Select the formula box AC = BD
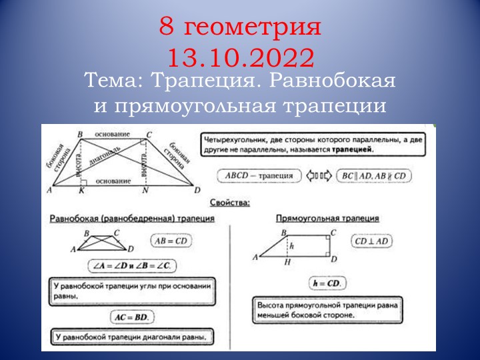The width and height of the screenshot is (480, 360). click(132, 316)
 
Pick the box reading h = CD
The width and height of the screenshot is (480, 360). click(327, 283)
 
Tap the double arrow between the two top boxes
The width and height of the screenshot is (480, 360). click(318, 176)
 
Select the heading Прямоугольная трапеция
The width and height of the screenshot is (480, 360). click(327, 218)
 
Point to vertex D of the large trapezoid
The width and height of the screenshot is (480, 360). click(197, 191)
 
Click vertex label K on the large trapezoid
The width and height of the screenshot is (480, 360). click(81, 192)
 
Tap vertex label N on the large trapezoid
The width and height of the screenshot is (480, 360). click(145, 192)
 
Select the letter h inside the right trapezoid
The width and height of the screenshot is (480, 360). click(292, 245)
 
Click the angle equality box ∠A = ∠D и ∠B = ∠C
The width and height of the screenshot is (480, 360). click(132, 265)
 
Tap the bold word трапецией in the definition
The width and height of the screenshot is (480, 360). click(354, 151)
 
